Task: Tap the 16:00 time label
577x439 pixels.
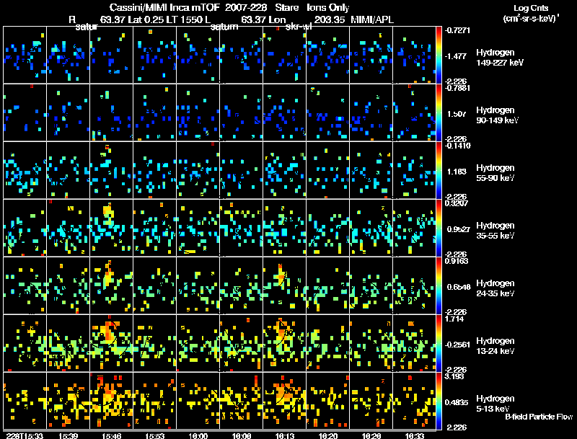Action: (x=198, y=435)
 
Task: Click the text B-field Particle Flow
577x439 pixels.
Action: (x=539, y=417)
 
